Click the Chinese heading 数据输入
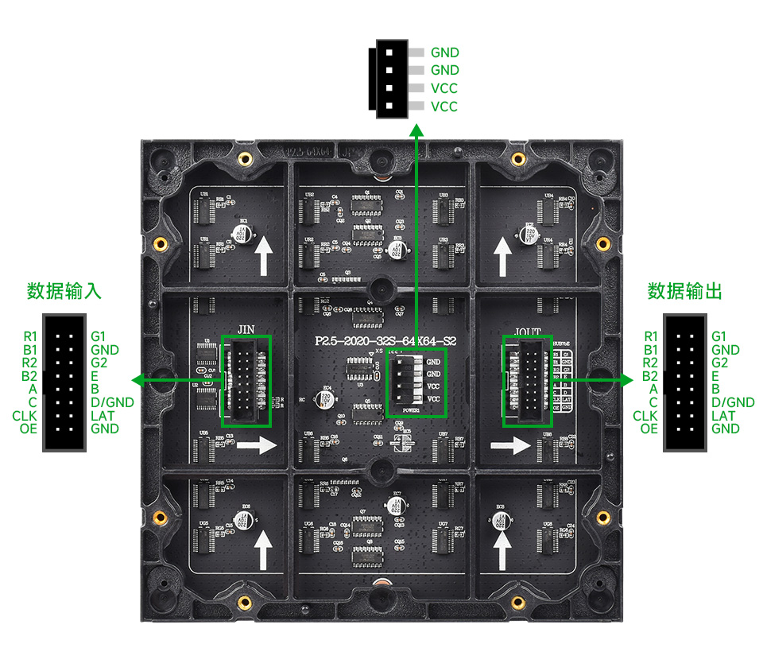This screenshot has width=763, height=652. click(x=64, y=291)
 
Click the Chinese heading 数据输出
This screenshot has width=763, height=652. click(x=685, y=291)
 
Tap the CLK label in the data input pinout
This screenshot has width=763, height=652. click(x=25, y=416)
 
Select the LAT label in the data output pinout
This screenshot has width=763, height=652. click(x=723, y=416)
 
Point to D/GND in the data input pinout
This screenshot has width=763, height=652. click(x=112, y=402)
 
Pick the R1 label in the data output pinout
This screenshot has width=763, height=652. click(x=650, y=337)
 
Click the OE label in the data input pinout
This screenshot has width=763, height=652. click(x=29, y=429)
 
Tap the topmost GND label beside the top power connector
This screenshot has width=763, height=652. click(x=445, y=53)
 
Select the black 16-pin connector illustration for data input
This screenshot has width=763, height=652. click(x=64, y=382)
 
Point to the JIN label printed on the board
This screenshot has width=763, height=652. click(x=246, y=328)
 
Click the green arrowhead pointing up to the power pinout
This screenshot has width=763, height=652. click(x=416, y=130)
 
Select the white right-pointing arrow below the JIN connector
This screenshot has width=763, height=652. click(x=256, y=445)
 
